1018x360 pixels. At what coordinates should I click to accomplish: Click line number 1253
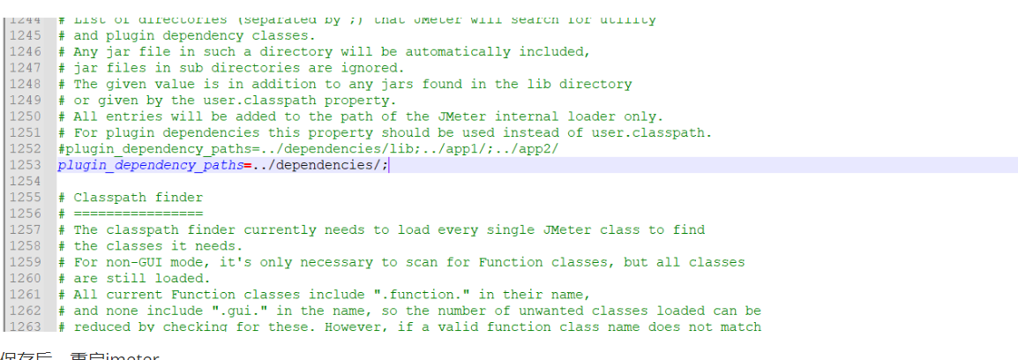click(x=26, y=165)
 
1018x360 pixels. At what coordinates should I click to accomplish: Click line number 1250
click(x=26, y=116)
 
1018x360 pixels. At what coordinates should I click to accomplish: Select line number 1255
click(x=26, y=198)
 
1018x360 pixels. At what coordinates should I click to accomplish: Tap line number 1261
click(x=26, y=295)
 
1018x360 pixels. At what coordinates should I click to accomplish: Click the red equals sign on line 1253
click(x=248, y=165)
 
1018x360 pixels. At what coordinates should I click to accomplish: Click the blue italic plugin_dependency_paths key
click(x=150, y=165)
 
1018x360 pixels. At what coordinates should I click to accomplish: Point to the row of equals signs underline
click(x=138, y=214)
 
